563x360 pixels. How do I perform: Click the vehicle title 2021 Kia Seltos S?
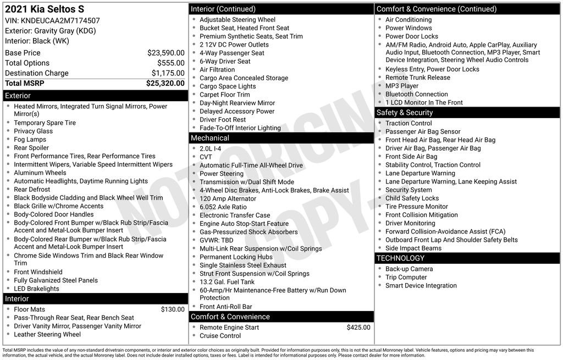[45, 9]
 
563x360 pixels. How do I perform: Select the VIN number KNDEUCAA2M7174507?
[60, 20]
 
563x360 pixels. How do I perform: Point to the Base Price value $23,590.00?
[165, 53]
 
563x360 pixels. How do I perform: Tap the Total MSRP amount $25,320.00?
[165, 84]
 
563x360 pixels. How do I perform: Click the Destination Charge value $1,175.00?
[168, 73]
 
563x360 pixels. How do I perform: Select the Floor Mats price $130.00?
[173, 309]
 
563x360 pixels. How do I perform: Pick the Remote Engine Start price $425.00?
[358, 328]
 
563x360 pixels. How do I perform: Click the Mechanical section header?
[209, 138]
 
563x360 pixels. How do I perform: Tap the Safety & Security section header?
[405, 113]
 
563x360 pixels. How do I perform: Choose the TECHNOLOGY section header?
[400, 258]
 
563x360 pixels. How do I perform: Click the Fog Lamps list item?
[30, 140]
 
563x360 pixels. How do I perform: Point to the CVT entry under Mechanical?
[206, 157]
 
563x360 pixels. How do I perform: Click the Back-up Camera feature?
[409, 269]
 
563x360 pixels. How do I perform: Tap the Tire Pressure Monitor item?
[417, 207]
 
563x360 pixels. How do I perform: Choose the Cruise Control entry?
[220, 336]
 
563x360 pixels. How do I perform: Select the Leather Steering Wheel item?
[47, 334]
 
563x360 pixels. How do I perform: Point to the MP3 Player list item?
[402, 86]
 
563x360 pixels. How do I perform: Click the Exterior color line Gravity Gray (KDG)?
[50, 31]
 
